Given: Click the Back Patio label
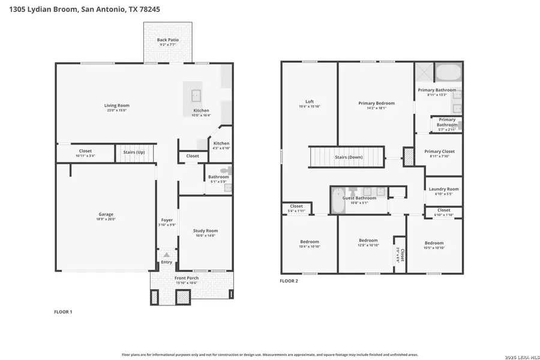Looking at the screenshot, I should (x=168, y=40).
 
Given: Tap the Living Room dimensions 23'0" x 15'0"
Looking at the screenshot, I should (x=118, y=110).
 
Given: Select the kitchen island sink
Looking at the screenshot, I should (x=196, y=95).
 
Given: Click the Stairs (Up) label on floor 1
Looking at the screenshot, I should (x=134, y=152).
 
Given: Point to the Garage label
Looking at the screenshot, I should (x=106, y=214).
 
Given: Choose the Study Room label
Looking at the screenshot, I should (x=205, y=230).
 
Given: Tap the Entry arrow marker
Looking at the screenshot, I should (x=166, y=255).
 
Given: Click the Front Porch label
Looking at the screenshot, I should (x=187, y=278).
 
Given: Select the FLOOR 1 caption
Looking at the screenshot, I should (x=63, y=312).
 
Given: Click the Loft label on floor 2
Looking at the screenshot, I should (x=310, y=101).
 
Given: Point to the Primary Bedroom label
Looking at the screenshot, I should (x=376, y=103).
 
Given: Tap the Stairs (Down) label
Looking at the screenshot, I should (x=349, y=157).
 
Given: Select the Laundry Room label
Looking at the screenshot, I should (x=444, y=189).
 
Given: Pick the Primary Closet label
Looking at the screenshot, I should (x=440, y=151).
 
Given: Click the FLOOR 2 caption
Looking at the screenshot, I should (x=289, y=280).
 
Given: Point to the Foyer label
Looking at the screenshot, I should (x=167, y=220).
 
